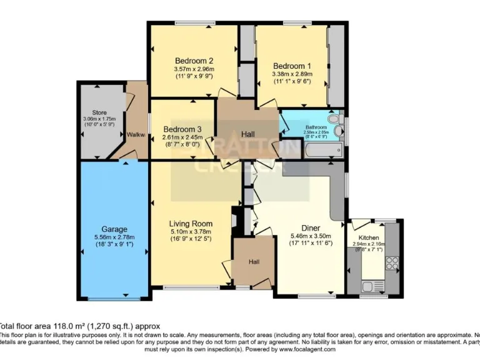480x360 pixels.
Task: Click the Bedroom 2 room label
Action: click(194, 61)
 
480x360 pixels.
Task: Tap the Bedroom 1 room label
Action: click(291, 66)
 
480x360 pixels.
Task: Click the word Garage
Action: click(114, 229)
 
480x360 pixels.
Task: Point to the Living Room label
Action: click(191, 223)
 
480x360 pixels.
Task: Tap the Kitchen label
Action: click(368, 238)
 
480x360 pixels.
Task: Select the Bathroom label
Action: click(316, 127)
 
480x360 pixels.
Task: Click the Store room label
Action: click(99, 113)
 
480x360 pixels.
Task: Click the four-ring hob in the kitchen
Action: click(392, 263)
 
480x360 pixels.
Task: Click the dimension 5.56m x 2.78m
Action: click(114, 237)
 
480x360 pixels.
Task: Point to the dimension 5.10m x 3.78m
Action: click(191, 231)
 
